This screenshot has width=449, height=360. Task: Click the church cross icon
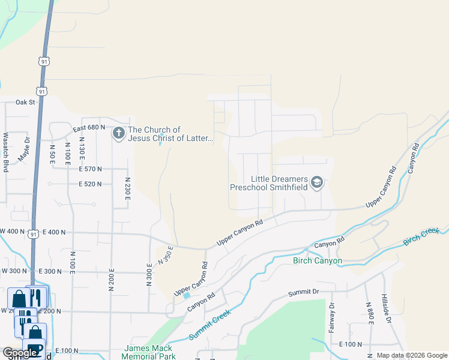point(118,134)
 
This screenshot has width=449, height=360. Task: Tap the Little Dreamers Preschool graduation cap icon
point(316,182)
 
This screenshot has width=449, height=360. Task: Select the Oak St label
point(26,102)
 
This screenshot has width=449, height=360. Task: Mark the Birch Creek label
point(421,236)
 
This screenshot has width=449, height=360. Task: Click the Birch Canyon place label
point(318,260)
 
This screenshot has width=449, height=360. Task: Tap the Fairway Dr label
point(331,317)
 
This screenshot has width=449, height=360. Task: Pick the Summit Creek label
point(209,325)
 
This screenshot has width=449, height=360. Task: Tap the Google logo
point(20,353)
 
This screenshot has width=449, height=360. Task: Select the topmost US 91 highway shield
point(44,61)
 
